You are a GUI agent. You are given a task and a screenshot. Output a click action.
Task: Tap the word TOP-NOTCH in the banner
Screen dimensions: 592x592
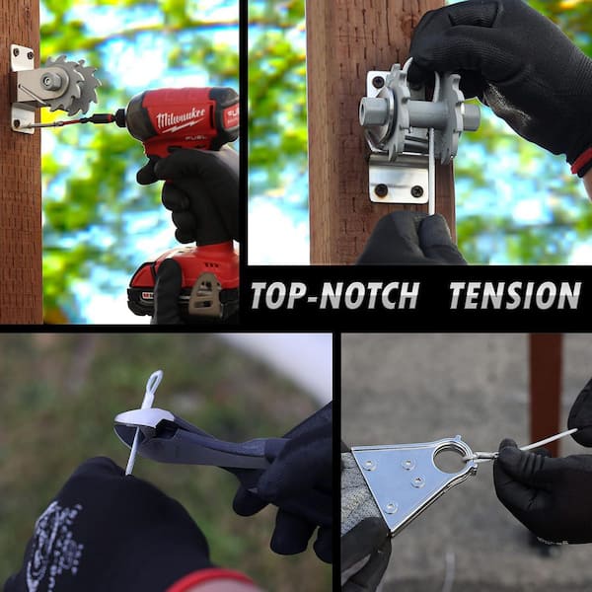[335, 296]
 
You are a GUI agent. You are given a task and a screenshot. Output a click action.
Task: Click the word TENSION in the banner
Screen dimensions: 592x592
[515, 296]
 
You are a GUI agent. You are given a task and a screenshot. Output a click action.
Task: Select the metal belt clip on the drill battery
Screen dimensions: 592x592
[205, 294]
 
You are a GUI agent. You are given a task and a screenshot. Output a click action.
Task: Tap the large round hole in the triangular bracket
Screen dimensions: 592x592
[450, 459]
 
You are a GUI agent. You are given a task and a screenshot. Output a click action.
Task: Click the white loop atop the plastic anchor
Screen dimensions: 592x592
[154, 387]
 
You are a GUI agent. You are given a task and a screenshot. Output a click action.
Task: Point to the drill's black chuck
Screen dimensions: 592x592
[120, 117]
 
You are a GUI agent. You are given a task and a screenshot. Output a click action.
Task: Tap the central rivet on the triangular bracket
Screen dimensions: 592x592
[417, 481]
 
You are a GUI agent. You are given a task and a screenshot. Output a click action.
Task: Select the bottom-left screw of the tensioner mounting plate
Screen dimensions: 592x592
[381, 189]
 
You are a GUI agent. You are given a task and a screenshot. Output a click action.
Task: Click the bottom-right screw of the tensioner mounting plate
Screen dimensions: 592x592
[416, 191]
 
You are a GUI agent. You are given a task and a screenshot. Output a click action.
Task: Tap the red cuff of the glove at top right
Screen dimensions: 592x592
[581, 163]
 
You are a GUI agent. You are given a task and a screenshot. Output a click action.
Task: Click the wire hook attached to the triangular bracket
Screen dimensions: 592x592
[481, 456]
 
